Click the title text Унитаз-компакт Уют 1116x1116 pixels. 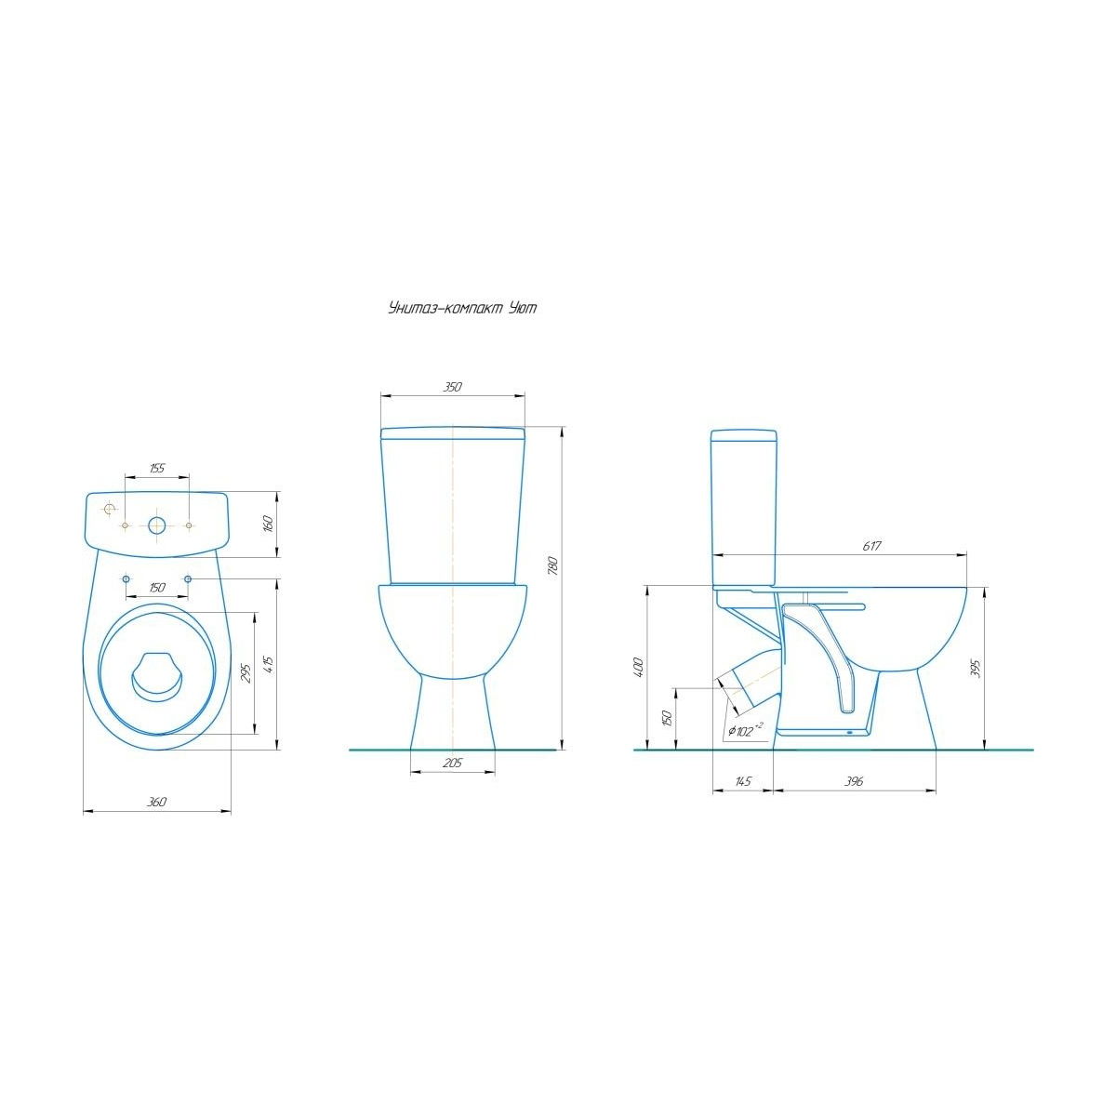point(462,308)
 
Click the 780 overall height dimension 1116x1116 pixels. point(553,565)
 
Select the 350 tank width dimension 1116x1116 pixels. point(452,387)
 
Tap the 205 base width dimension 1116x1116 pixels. point(452,763)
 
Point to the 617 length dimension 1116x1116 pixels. point(871,546)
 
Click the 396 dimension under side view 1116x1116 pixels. point(854,781)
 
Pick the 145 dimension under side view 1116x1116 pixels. point(742,781)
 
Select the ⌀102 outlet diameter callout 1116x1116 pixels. point(745,730)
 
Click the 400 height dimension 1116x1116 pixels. point(639,668)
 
